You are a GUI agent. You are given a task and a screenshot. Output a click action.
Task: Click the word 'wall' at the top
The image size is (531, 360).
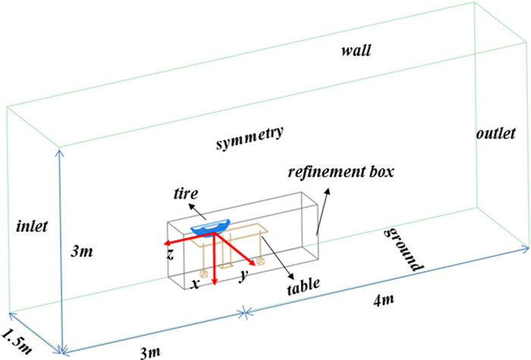(x=356, y=52)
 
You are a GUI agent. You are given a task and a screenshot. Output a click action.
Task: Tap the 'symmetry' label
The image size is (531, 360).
(x=249, y=138)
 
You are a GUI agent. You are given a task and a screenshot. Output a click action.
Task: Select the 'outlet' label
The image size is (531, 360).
(x=497, y=133)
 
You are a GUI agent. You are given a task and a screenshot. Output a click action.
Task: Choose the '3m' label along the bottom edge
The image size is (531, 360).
(x=153, y=350)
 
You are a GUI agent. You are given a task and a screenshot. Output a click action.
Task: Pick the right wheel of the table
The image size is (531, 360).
(x=259, y=261)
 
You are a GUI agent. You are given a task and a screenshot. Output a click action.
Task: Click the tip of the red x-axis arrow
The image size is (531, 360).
(x=215, y=285)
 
